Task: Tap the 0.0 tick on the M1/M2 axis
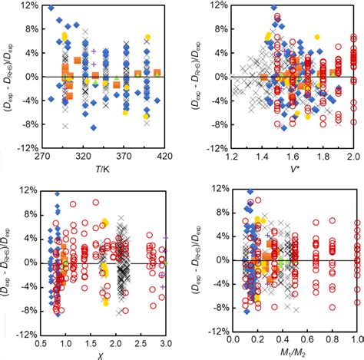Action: [x=233, y=339]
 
